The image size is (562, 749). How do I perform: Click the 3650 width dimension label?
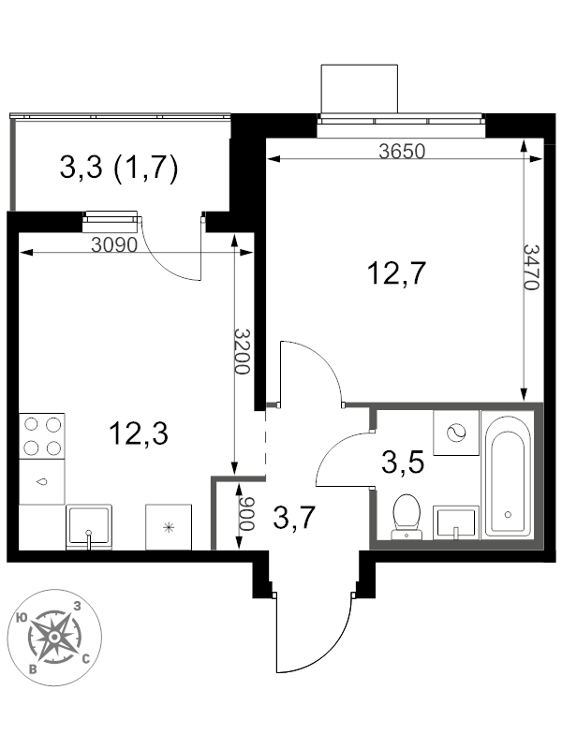click(x=402, y=152)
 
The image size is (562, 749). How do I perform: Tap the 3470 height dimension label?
click(x=530, y=267)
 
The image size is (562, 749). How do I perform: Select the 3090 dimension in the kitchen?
click(x=114, y=245)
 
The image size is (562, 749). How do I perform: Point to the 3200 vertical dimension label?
click(x=242, y=351)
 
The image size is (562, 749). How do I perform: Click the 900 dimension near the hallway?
click(x=245, y=514)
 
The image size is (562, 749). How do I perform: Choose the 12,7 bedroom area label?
click(x=396, y=273)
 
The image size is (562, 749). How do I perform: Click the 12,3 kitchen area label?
click(x=139, y=434)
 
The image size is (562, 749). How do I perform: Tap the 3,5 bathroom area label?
click(x=403, y=463)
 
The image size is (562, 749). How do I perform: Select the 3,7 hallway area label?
click(x=294, y=519)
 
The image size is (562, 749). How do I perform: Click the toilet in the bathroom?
click(x=407, y=517)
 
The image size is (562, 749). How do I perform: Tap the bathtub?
click(x=508, y=475)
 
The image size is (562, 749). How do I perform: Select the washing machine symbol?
click(x=456, y=433)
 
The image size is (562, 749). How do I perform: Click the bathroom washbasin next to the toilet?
click(x=456, y=523)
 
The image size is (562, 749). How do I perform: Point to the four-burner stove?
click(x=42, y=436)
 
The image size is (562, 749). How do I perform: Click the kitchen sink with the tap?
click(x=89, y=527)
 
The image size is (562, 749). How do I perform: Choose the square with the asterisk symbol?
click(x=169, y=527)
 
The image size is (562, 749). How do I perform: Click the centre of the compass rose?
click(x=54, y=637)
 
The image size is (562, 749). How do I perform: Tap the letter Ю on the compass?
click(x=21, y=618)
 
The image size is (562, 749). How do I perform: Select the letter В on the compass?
click(x=33, y=668)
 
